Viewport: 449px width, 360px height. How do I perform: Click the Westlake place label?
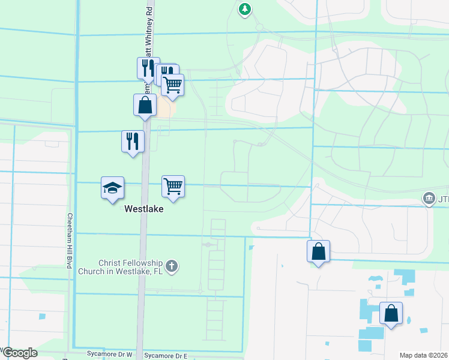click(144, 211)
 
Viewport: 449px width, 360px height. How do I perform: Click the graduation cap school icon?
click(113, 188)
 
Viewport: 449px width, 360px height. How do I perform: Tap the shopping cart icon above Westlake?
click(173, 187)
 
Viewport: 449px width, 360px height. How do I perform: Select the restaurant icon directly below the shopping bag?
click(133, 142)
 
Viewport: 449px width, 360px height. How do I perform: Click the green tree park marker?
click(245, 9)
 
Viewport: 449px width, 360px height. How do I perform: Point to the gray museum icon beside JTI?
click(429, 198)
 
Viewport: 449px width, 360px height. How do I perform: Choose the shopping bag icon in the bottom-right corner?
click(391, 313)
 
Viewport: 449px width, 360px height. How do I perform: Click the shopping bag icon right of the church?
click(319, 251)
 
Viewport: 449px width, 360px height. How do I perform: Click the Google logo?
click(19, 353)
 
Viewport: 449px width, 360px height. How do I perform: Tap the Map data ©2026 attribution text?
click(423, 355)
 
